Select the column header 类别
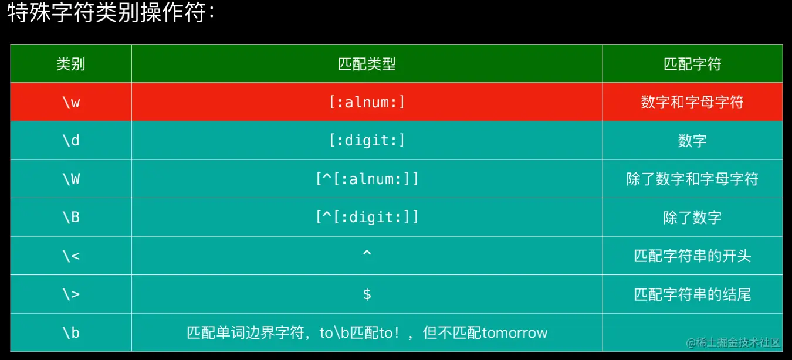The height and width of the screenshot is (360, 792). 71,64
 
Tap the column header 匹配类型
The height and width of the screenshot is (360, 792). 367,64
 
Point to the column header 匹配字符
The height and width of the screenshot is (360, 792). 692,64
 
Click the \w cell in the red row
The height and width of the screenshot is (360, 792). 71,103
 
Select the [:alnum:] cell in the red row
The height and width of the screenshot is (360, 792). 367,103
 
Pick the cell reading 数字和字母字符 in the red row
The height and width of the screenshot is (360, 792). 692,103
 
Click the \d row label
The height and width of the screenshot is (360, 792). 71,141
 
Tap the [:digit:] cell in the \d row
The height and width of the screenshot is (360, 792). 367,141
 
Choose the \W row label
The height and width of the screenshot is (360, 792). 71,179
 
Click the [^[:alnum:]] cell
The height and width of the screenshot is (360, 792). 367,179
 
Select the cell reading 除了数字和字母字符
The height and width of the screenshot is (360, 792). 692,179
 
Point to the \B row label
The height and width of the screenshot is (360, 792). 71,217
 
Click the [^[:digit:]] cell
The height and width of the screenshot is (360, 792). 367,217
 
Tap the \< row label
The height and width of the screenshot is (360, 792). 71,256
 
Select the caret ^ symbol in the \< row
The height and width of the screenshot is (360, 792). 367,253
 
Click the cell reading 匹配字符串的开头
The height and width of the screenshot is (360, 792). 692,256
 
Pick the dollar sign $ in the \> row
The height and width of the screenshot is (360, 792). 367,294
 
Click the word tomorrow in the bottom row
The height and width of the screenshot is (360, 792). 515,333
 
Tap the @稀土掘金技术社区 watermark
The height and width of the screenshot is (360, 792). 733,342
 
